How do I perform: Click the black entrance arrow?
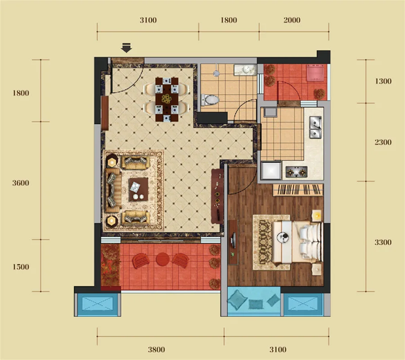(126, 48)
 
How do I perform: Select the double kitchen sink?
(315, 127)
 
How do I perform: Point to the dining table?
(167, 99)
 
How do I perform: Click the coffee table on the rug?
(139, 189)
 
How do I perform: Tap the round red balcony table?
(162, 259)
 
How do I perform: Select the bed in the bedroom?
(297, 242)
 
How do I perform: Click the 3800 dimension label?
(156, 349)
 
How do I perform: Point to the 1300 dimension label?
(383, 81)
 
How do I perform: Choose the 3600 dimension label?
(21, 183)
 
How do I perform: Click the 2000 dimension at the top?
(292, 20)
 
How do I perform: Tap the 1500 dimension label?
(21, 267)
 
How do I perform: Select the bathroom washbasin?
(245, 70)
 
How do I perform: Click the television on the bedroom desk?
(234, 240)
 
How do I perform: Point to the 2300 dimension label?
(383, 142)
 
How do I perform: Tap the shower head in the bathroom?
(216, 73)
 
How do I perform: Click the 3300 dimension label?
(383, 242)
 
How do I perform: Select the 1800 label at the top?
(229, 20)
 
